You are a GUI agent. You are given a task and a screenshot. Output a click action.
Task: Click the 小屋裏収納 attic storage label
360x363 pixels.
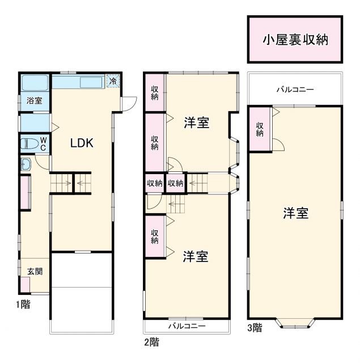coord(295,40)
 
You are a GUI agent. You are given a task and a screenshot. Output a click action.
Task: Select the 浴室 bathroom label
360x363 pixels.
coord(34,101)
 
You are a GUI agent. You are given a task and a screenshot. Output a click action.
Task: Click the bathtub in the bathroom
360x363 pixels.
coord(35,84)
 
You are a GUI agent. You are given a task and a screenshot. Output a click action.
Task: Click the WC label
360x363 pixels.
coord(43,143)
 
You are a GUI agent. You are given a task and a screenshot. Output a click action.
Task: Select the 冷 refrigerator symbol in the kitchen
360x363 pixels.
coord(113,81)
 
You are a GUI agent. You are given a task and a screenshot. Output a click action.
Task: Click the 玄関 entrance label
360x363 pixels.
coord(35,271)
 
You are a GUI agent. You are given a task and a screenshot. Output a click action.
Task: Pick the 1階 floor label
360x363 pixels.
coord(23,304)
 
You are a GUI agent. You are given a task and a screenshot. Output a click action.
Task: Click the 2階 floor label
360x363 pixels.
coord(151,341)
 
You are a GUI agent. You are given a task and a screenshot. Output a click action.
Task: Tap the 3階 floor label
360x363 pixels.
coord(255,327)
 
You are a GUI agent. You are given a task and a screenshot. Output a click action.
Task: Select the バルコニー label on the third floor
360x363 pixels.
coord(295,90)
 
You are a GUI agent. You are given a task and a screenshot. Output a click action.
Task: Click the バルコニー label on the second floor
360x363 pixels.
coord(187,327)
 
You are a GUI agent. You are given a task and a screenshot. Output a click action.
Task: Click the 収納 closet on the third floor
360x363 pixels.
coord(259,129)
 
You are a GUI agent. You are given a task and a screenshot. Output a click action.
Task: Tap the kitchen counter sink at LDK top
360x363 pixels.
coord(91,83)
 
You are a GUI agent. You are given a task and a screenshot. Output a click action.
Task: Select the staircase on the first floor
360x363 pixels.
coord(71,183)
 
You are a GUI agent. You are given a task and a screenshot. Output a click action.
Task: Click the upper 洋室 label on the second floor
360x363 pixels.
coord(196,123)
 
